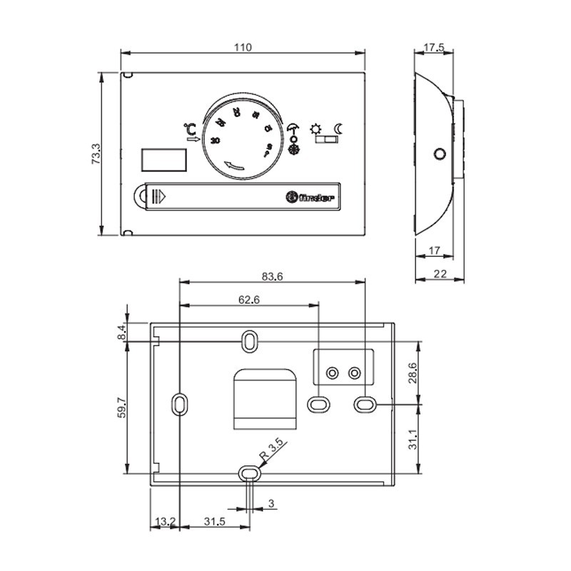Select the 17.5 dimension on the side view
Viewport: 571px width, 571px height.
pyautogui.click(x=434, y=48)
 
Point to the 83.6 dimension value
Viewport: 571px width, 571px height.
pyautogui.click(x=272, y=277)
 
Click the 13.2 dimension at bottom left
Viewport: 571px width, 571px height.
pyautogui.click(x=165, y=522)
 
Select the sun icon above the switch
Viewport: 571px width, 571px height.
pyautogui.click(x=316, y=129)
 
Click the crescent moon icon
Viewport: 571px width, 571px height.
pyautogui.click(x=340, y=129)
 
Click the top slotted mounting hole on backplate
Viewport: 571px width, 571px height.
pyautogui.click(x=248, y=341)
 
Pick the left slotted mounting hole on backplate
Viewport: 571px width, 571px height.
pyautogui.click(x=178, y=403)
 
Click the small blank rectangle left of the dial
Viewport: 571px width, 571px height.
pyautogui.click(x=163, y=159)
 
